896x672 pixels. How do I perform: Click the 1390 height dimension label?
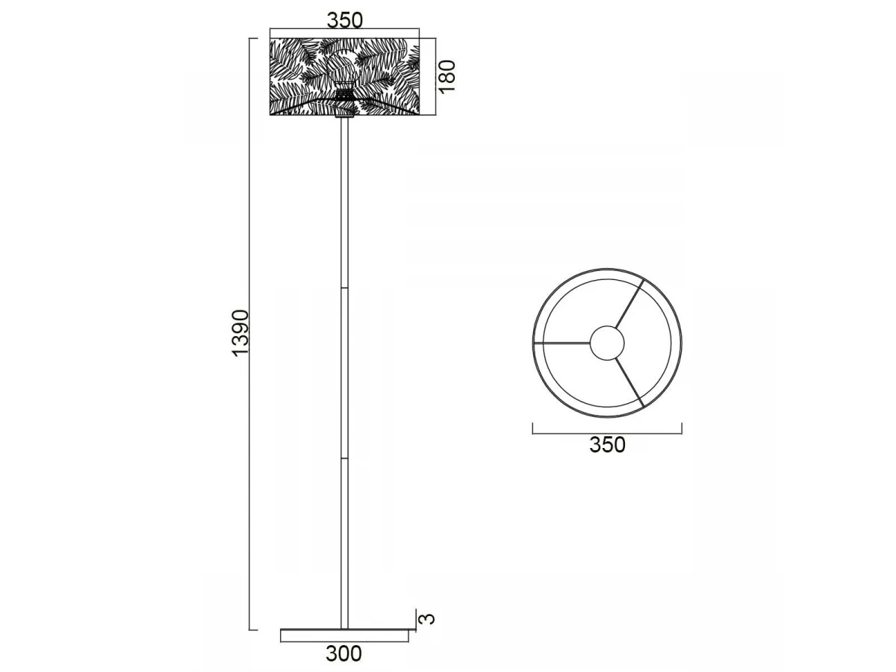240,333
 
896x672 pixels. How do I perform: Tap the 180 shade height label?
447,76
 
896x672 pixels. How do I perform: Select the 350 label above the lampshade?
344,20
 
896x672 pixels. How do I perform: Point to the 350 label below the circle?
607,445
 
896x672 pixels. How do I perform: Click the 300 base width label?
343,653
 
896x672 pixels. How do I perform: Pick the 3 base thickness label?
427,619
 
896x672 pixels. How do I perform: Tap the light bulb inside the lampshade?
345,67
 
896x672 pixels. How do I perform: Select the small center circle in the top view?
607,343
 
